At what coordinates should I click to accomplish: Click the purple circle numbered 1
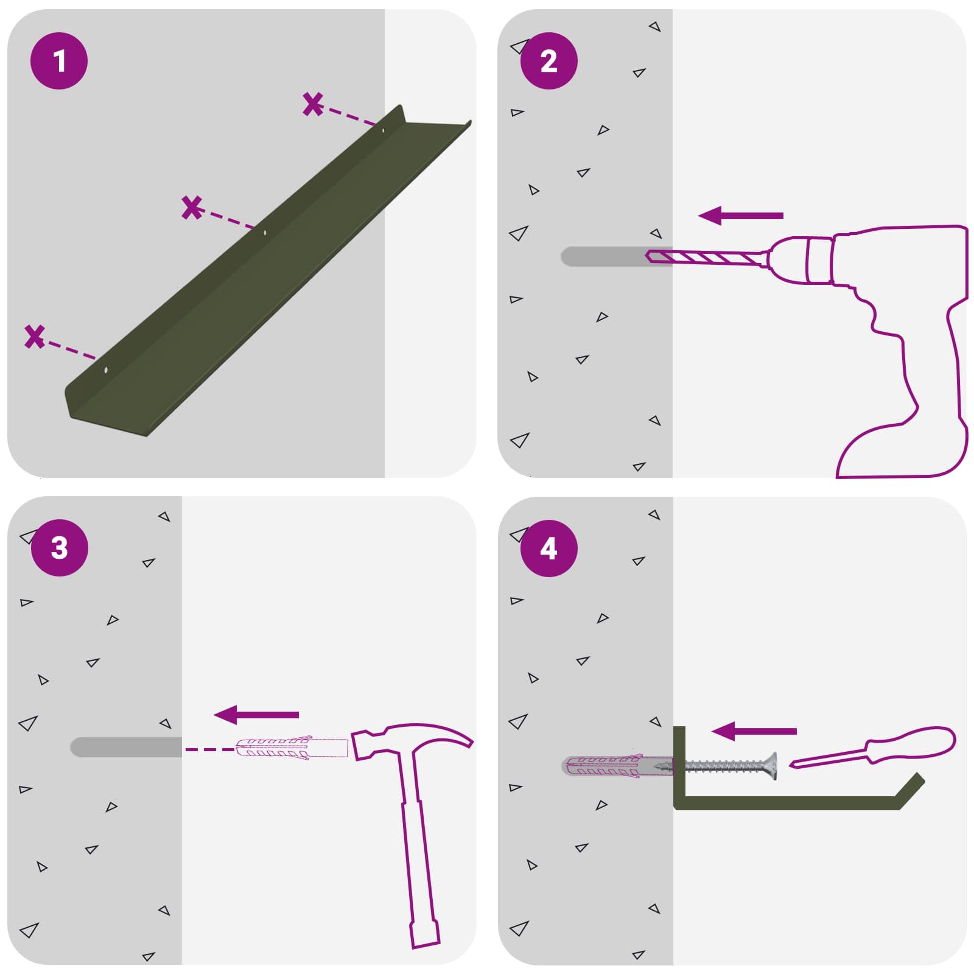[59, 61]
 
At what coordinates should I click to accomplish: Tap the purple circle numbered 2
[548, 61]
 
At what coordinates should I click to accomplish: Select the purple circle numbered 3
[59, 547]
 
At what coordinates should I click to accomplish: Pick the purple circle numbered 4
[548, 548]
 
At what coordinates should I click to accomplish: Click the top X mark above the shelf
[313, 104]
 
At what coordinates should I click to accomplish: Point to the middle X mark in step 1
[192, 208]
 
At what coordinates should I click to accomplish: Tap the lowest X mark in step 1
[35, 337]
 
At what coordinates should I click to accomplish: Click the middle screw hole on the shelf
[264, 232]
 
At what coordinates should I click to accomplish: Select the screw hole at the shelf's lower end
[106, 370]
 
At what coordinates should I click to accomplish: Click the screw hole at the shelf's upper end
[383, 130]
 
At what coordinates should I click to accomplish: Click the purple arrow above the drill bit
[740, 215]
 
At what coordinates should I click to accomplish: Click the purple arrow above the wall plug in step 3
[256, 715]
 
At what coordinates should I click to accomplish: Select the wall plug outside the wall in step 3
[292, 748]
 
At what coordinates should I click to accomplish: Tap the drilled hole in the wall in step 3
[126, 747]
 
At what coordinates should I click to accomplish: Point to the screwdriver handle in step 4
[911, 744]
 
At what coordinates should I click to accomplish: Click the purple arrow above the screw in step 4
[754, 731]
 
